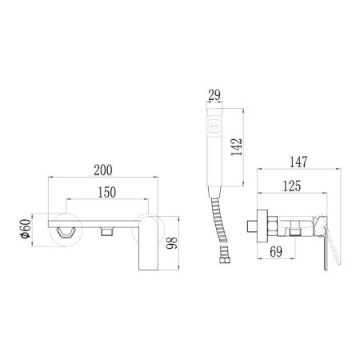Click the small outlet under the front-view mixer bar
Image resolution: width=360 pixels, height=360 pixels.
tap(106, 231)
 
